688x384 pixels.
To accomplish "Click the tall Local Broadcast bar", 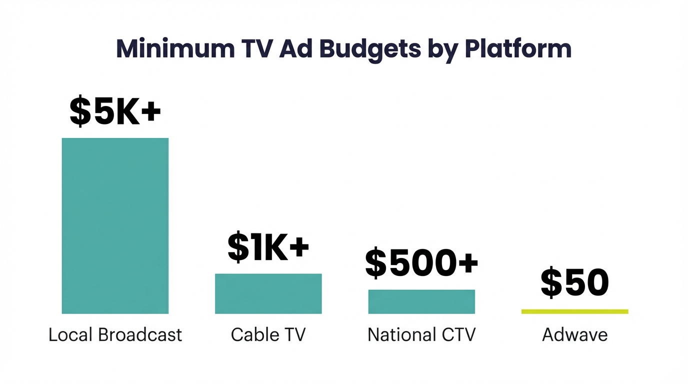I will tap(115, 225).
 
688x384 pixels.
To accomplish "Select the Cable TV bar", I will tap(268, 293).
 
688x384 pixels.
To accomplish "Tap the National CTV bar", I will tap(421, 301).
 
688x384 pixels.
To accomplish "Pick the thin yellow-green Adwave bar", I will tap(574, 311).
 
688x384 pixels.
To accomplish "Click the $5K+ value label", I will tap(115, 111).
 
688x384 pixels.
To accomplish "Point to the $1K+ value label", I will tap(268, 247).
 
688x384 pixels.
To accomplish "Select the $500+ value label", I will tap(421, 263).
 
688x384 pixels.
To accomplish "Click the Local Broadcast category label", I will tap(115, 334).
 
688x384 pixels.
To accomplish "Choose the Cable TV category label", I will tap(268, 334).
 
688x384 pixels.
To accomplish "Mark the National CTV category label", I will tap(421, 334).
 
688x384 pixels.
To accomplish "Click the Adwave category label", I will tap(574, 334).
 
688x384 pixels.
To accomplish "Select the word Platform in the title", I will tap(518, 49).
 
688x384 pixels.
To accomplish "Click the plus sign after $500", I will tap(467, 262).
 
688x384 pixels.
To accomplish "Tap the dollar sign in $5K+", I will tap(80, 111).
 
